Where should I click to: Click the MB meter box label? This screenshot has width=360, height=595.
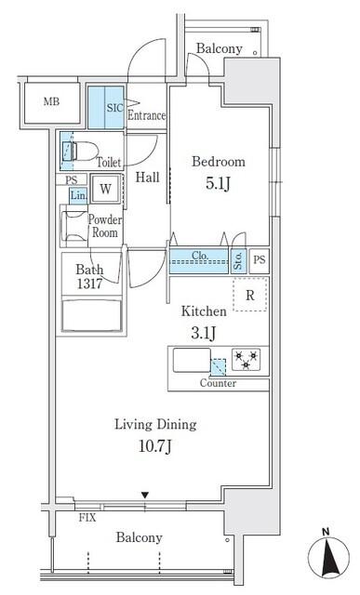point(51,101)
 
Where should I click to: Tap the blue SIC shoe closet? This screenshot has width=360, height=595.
point(106,108)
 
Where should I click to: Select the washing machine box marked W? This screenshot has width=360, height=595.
point(105,189)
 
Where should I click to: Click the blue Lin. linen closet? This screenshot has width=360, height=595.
point(78,196)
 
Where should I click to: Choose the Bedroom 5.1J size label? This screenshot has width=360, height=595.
point(218,184)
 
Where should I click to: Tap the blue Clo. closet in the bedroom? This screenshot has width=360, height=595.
point(199,261)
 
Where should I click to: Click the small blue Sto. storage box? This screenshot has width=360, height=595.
point(238,261)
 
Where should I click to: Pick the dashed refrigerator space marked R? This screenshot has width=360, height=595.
point(249,295)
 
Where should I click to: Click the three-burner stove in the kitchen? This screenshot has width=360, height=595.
point(247,360)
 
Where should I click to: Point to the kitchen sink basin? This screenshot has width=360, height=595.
point(192,360)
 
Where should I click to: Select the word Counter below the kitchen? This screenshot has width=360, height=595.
point(218,383)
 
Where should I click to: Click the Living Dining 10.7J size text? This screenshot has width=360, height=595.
point(155,446)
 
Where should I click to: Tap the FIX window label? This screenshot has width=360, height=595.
point(87,518)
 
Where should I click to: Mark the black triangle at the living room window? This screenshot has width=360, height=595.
point(145,496)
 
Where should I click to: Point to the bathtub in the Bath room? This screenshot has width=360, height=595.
point(91,316)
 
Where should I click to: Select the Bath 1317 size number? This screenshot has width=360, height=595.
point(89,284)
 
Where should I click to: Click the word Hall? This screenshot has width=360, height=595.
point(147,178)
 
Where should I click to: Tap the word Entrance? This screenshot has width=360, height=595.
point(147,115)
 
